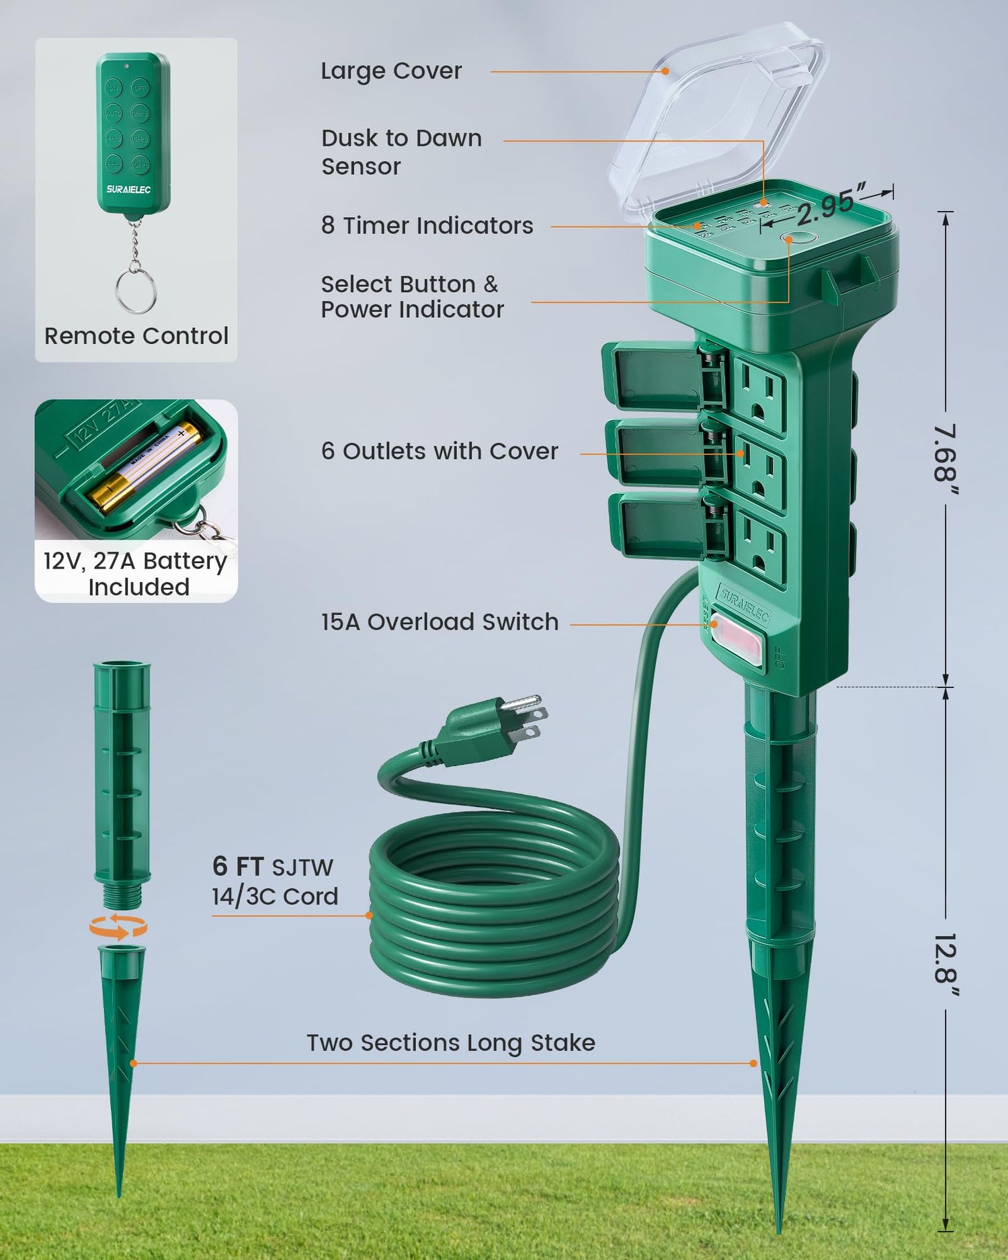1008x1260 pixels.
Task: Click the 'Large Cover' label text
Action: click(x=391, y=71)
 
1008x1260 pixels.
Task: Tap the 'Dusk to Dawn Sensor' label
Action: click(x=401, y=152)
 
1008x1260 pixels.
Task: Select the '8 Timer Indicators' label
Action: click(x=427, y=226)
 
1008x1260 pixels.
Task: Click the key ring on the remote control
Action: click(x=135, y=291)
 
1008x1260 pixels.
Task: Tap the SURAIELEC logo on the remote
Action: click(x=128, y=190)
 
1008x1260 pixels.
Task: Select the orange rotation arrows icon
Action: click(x=118, y=927)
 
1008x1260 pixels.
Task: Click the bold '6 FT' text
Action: click(x=238, y=866)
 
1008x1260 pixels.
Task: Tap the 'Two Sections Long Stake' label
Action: click(x=451, y=1043)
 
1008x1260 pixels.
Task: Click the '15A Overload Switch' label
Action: click(x=439, y=622)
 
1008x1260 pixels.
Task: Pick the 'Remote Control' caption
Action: click(x=136, y=336)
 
